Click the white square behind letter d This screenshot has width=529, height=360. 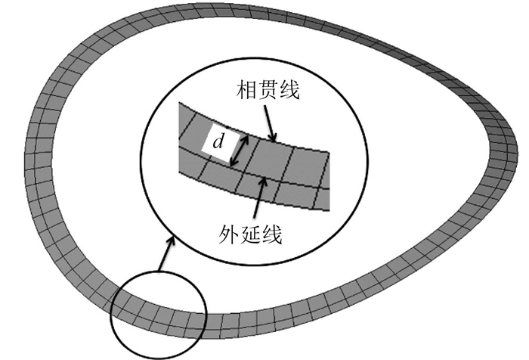click(x=218, y=143)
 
